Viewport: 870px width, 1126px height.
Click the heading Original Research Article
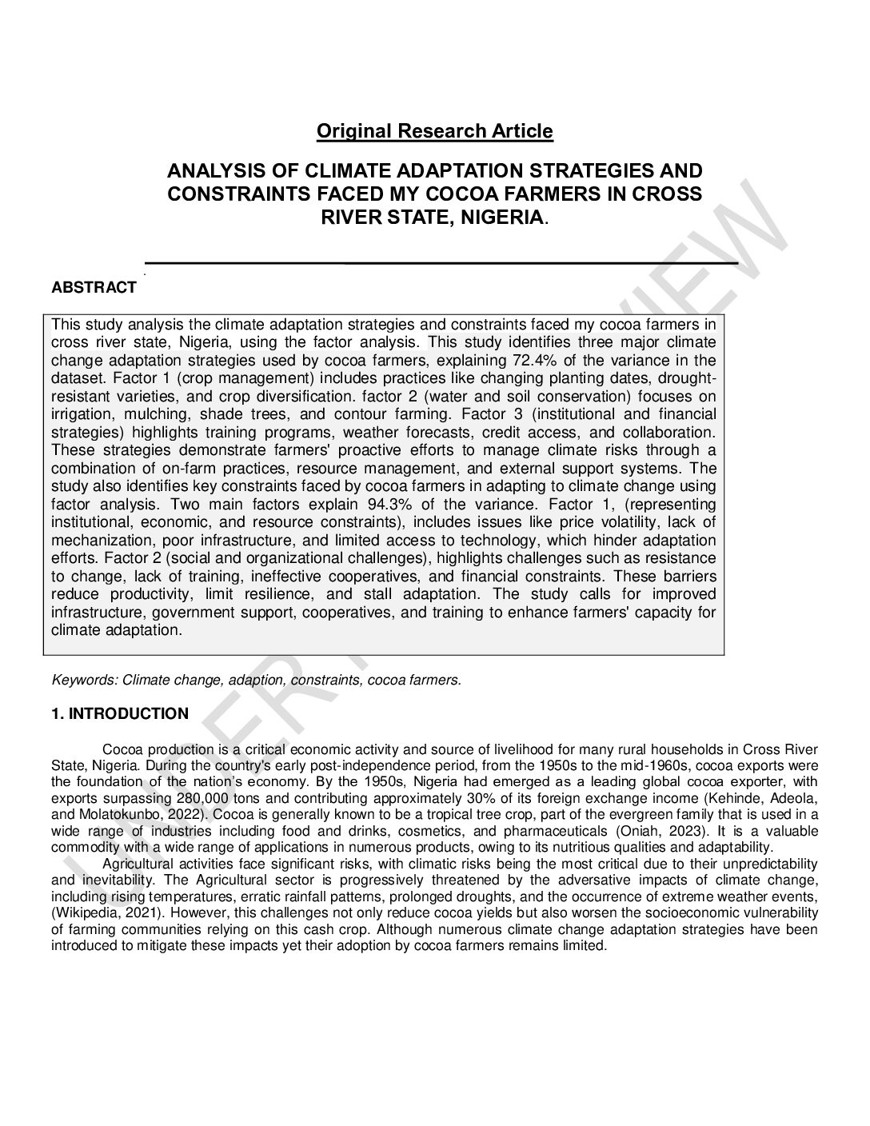(x=434, y=131)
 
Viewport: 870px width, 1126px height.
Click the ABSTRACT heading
(x=94, y=289)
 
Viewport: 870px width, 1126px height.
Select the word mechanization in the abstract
(x=95, y=540)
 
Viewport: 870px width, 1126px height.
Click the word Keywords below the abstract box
(x=84, y=681)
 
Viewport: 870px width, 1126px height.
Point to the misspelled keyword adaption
(x=256, y=681)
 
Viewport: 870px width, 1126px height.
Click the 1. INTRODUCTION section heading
(x=120, y=714)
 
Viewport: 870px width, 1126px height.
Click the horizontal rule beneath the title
(x=440, y=262)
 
